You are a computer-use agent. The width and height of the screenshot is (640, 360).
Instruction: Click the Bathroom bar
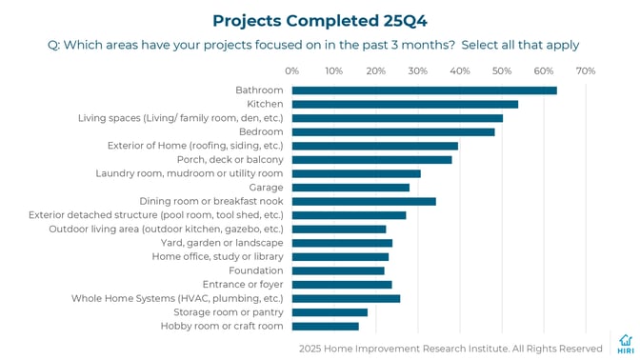point(424,90)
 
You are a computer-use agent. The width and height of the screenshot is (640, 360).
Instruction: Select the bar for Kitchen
point(405,104)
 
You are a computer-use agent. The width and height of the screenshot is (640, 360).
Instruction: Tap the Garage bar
point(350,188)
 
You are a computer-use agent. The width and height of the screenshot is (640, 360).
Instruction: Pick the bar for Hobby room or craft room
point(325,326)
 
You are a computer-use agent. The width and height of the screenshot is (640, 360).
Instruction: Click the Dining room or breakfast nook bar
point(364,201)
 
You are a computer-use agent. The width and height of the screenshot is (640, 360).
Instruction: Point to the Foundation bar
point(338,270)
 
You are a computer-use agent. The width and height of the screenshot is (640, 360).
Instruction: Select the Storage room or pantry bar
point(330,312)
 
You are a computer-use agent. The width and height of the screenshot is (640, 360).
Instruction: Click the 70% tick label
point(586,70)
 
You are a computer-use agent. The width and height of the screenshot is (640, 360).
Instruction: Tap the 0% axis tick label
point(292,70)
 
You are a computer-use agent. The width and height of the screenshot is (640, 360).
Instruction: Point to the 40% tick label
point(460,70)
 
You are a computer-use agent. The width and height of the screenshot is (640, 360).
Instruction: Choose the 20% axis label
point(376,70)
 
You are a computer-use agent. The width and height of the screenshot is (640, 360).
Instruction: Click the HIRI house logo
point(625,344)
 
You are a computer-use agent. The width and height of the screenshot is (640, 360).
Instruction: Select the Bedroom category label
point(260,131)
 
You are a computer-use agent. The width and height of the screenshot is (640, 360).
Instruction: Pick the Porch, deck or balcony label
point(230,159)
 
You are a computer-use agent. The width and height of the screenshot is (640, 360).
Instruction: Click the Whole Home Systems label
point(177,298)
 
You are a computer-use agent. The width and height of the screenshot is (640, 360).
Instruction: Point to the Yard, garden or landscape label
point(221,243)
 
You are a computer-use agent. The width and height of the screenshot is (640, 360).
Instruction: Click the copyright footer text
point(450,349)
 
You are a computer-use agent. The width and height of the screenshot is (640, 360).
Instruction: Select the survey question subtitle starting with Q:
point(313,45)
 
